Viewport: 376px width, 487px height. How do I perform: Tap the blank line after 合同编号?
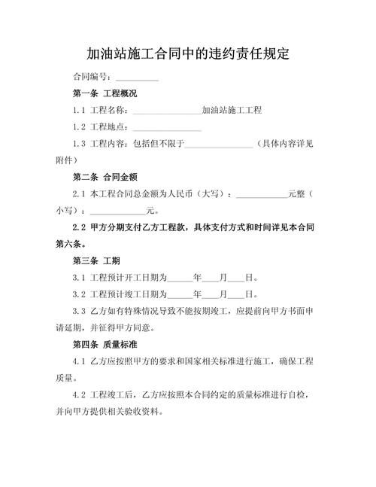(136, 78)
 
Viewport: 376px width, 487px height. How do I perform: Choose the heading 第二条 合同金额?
(105, 178)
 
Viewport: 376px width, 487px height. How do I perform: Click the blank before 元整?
(262, 194)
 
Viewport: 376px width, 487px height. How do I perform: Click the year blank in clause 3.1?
(180, 277)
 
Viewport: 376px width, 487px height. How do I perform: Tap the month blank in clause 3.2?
(212, 294)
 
